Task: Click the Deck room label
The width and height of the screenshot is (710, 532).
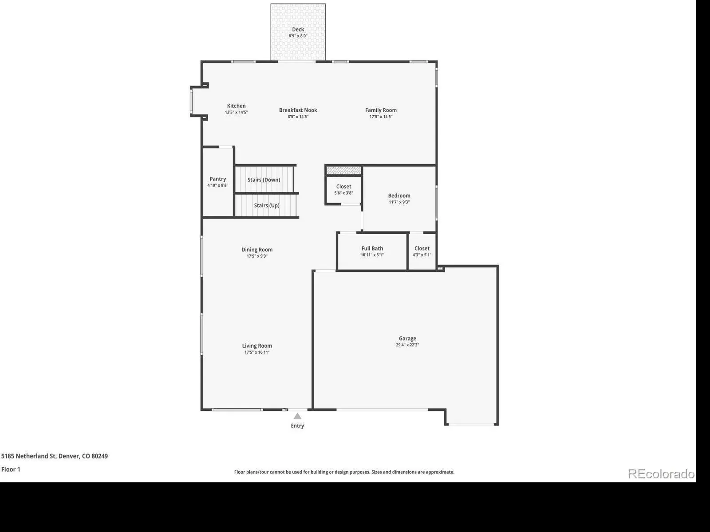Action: click(298, 29)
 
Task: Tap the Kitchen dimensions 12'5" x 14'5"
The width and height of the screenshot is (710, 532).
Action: click(236, 113)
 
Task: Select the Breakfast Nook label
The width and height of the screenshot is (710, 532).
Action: click(298, 110)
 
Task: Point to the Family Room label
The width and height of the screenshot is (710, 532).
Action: click(381, 110)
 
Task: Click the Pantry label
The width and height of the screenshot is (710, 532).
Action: click(218, 179)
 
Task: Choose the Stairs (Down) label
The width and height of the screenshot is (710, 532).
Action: click(264, 180)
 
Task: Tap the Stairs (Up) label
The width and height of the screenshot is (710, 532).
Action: click(267, 205)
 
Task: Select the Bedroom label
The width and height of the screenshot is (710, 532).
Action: click(399, 196)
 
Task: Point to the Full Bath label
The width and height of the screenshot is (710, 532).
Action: click(372, 248)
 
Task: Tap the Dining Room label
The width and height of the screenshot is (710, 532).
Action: click(257, 250)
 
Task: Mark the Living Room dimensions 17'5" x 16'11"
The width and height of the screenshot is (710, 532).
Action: click(257, 352)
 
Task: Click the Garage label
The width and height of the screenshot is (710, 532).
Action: click(407, 339)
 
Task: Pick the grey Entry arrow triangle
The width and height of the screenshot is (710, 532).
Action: click(297, 416)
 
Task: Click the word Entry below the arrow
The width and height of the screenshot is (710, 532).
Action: click(297, 426)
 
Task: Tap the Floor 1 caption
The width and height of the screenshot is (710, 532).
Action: click(11, 469)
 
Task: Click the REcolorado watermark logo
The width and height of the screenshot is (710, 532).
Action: click(662, 474)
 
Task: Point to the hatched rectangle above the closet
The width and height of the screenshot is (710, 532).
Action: click(343, 170)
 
